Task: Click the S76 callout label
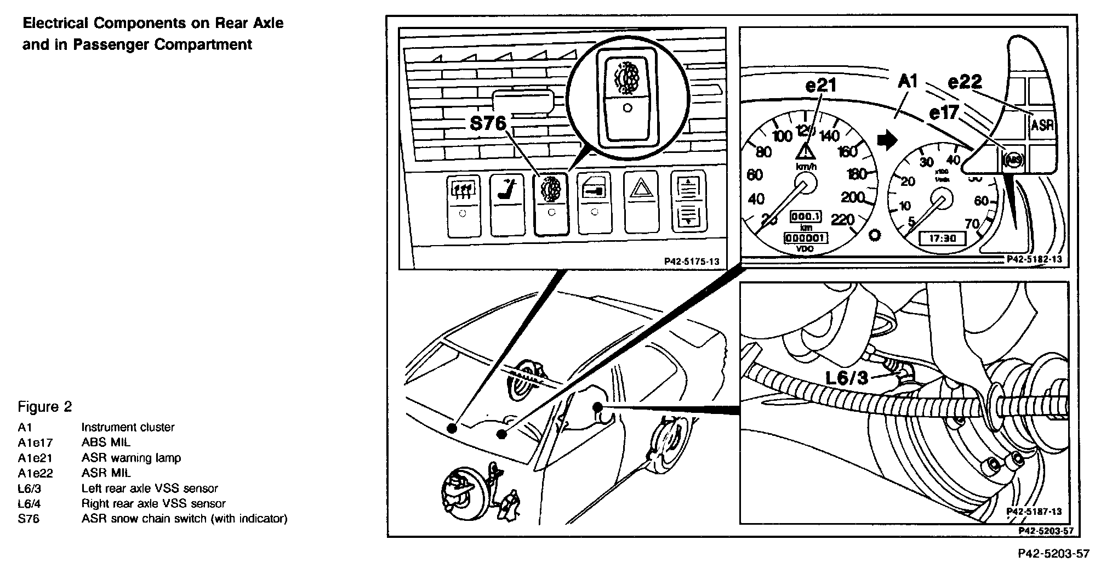pyautogui.click(x=488, y=124)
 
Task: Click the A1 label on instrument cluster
pyautogui.click(x=908, y=82)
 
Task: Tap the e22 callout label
pyautogui.click(x=965, y=82)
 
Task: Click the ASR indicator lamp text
pyautogui.click(x=1042, y=126)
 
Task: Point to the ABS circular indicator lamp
pyautogui.click(x=1012, y=160)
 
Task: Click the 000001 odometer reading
pyautogui.click(x=806, y=238)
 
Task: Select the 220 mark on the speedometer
pyautogui.click(x=842, y=220)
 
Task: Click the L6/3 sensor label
pyautogui.click(x=847, y=378)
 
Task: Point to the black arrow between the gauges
pyautogui.click(x=886, y=141)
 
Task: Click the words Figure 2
pyautogui.click(x=45, y=407)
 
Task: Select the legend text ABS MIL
pyautogui.click(x=106, y=442)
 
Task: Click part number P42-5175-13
pyautogui.click(x=692, y=262)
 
